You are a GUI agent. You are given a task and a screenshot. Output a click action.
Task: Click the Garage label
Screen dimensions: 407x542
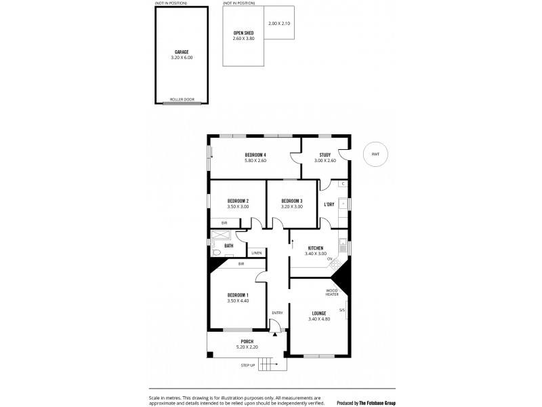click(181, 52)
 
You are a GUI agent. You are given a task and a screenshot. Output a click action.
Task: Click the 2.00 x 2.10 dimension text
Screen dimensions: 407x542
click(278, 24)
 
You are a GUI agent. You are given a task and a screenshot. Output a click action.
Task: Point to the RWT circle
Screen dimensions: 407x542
click(375, 155)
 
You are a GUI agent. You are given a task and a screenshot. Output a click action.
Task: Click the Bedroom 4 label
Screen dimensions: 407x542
click(255, 155)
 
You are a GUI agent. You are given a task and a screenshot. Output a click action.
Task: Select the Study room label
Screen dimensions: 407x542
click(325, 155)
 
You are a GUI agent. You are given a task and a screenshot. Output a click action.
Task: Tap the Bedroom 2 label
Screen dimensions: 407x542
click(238, 201)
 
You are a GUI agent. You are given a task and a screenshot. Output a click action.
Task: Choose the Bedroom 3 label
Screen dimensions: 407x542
click(291, 201)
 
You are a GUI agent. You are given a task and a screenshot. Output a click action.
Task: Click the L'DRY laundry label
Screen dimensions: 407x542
click(329, 204)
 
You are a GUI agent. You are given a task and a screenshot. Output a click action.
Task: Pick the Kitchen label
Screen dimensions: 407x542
click(316, 248)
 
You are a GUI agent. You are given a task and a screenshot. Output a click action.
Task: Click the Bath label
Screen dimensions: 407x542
click(229, 246)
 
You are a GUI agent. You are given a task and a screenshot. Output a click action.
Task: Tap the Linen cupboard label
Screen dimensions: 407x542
click(256, 253)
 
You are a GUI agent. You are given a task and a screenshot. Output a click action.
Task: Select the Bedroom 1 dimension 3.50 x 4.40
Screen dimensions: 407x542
click(238, 301)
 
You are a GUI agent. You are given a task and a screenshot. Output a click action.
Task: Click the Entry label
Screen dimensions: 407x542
click(276, 312)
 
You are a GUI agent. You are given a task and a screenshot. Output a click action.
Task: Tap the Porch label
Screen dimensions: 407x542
click(247, 341)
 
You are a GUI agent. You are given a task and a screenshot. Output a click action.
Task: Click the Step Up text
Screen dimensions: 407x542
click(248, 365)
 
